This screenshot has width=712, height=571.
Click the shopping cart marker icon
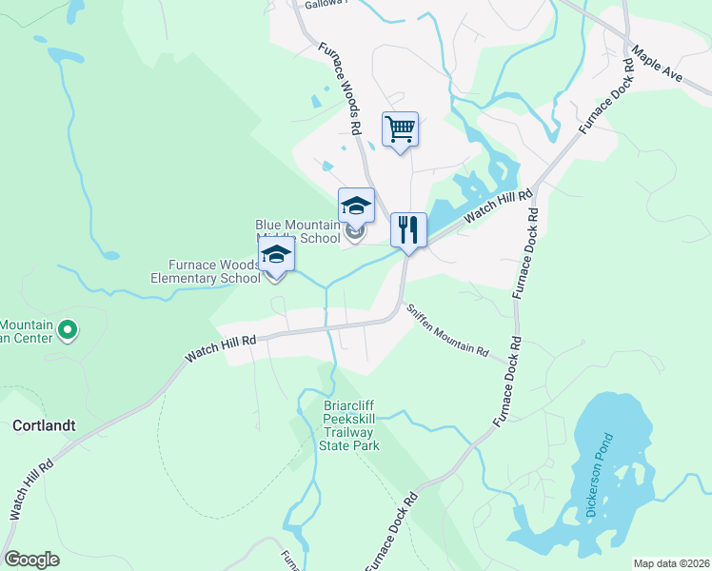(x=401, y=129)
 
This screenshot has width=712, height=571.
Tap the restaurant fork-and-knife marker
(x=408, y=229)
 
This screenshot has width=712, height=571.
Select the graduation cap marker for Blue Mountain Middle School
(x=356, y=206)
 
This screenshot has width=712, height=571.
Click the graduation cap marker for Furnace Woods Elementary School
(x=276, y=255)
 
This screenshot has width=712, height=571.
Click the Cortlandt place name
(x=44, y=425)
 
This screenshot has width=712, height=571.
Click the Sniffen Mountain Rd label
(x=447, y=332)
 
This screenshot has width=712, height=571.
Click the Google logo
(x=31, y=560)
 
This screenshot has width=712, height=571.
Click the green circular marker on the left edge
(x=68, y=330)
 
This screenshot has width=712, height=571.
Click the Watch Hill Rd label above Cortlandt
(x=221, y=346)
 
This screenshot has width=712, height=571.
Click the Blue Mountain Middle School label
(x=297, y=231)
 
